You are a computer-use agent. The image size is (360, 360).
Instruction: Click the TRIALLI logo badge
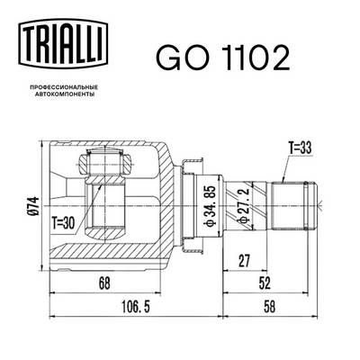63,43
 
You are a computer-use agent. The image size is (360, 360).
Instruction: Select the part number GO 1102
223,58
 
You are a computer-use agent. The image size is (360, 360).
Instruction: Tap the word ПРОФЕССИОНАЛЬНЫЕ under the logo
63,87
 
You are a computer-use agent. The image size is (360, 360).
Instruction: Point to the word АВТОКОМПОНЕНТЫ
63,94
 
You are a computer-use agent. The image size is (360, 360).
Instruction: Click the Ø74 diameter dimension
34,206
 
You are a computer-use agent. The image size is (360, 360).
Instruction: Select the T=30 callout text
63,223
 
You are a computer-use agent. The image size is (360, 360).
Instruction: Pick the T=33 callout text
300,148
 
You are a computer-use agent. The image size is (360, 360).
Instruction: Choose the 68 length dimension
104,283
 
